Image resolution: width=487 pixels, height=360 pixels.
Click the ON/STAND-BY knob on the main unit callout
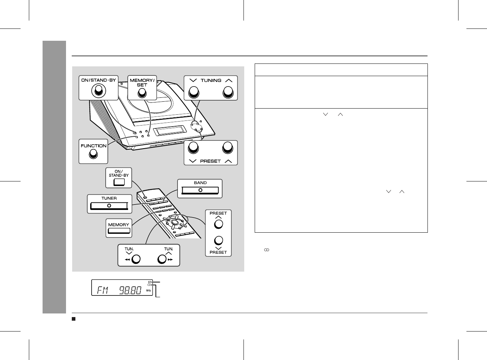(98, 91)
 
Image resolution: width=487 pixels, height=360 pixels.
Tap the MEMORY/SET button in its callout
(142, 93)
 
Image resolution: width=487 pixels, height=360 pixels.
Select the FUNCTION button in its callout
(93, 154)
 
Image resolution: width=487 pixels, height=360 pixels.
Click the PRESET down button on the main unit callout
(193, 148)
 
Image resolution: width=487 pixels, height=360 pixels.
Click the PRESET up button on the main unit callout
(228, 148)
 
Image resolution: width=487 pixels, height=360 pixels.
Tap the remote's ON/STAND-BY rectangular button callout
(119, 182)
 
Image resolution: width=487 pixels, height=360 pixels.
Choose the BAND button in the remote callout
(200, 190)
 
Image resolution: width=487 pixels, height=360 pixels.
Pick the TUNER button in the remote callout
(109, 206)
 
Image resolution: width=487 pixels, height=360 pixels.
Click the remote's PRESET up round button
(219, 224)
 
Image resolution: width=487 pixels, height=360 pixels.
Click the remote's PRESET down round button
(219, 241)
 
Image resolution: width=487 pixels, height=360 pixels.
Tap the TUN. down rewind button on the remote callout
(136, 259)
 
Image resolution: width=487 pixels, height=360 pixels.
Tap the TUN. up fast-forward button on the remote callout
(162, 259)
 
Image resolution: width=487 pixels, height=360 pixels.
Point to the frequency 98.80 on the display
(130, 290)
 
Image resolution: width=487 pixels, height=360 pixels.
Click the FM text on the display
(102, 290)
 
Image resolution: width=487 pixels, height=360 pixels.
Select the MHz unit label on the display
(149, 290)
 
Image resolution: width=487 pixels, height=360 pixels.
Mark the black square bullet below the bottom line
(74, 319)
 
